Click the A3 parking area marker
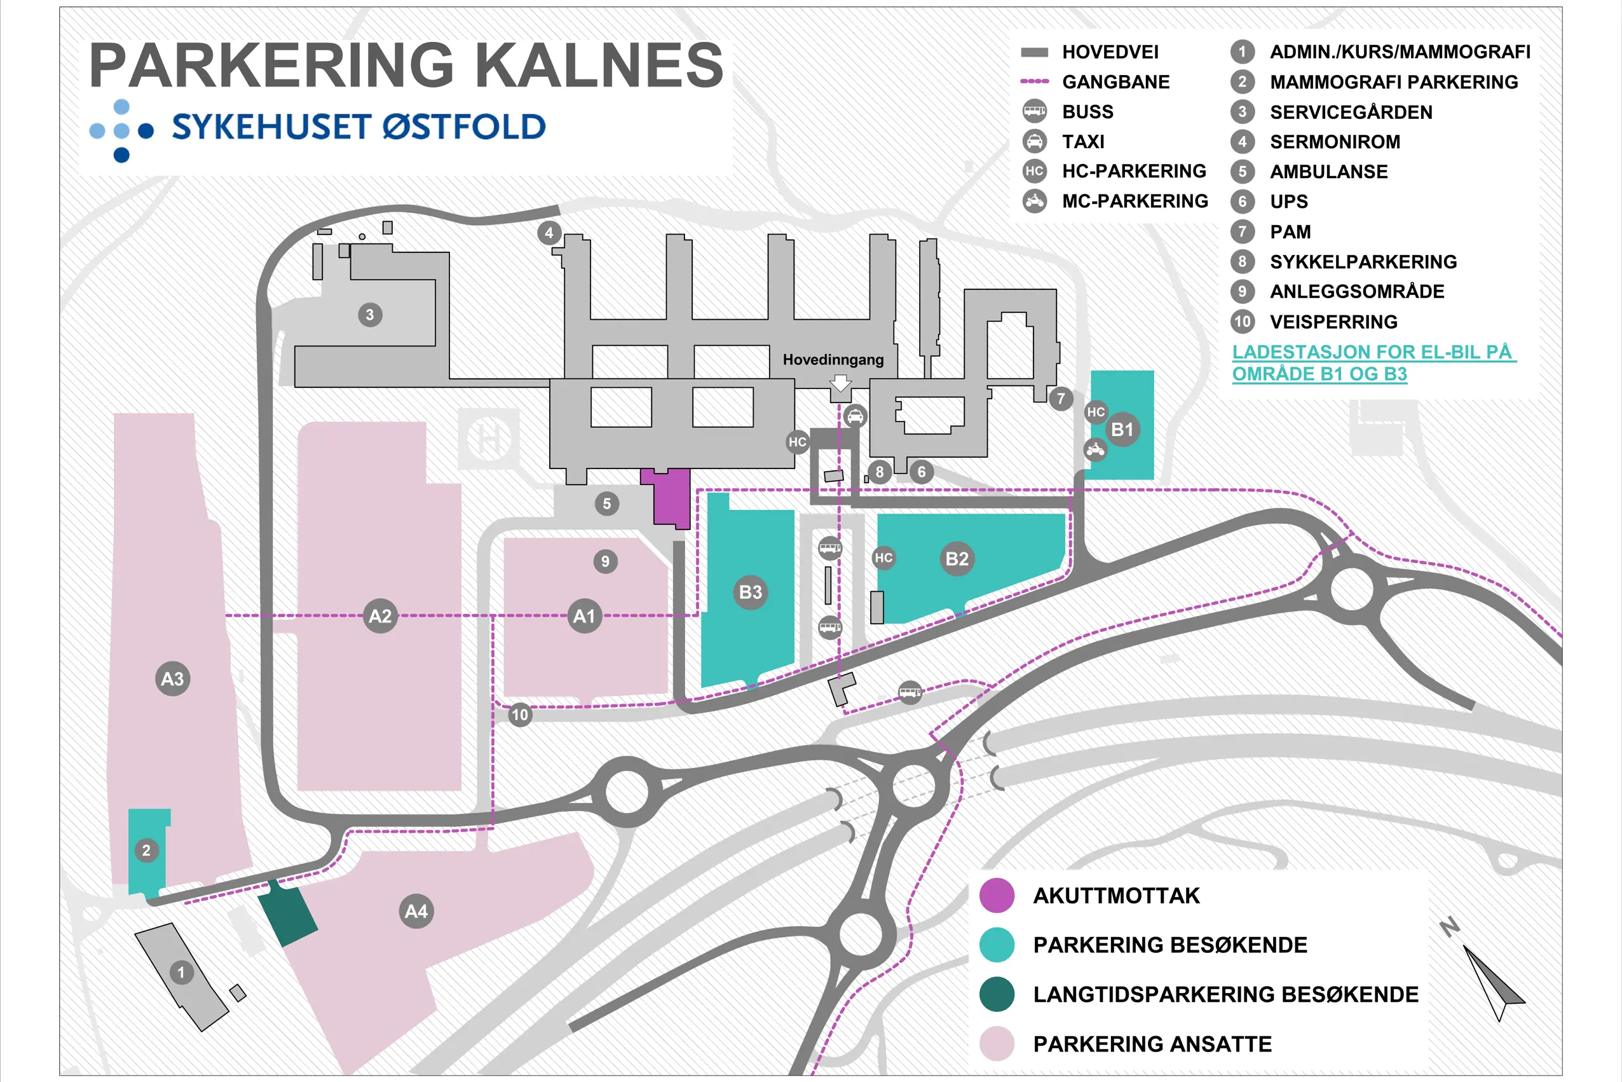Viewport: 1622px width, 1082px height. point(172,679)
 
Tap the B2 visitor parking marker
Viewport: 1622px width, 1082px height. point(957,559)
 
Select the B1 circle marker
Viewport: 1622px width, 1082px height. point(1122,429)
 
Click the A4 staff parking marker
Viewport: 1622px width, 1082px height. point(416,912)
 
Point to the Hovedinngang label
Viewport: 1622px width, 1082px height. point(833,360)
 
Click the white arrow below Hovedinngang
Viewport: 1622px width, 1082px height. point(840,384)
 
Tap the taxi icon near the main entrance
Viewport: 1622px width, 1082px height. point(855,416)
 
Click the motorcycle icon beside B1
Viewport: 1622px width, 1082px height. point(1096,451)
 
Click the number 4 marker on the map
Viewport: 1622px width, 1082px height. point(549,233)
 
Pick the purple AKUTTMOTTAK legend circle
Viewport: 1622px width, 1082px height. point(997,896)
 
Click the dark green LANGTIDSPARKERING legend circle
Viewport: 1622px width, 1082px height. point(997,994)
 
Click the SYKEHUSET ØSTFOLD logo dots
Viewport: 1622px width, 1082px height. point(121,130)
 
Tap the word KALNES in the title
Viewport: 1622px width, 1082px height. point(598,65)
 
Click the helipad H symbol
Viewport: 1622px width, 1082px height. point(489,439)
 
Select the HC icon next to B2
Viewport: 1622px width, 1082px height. point(884,558)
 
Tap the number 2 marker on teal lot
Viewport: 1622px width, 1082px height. point(146,851)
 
